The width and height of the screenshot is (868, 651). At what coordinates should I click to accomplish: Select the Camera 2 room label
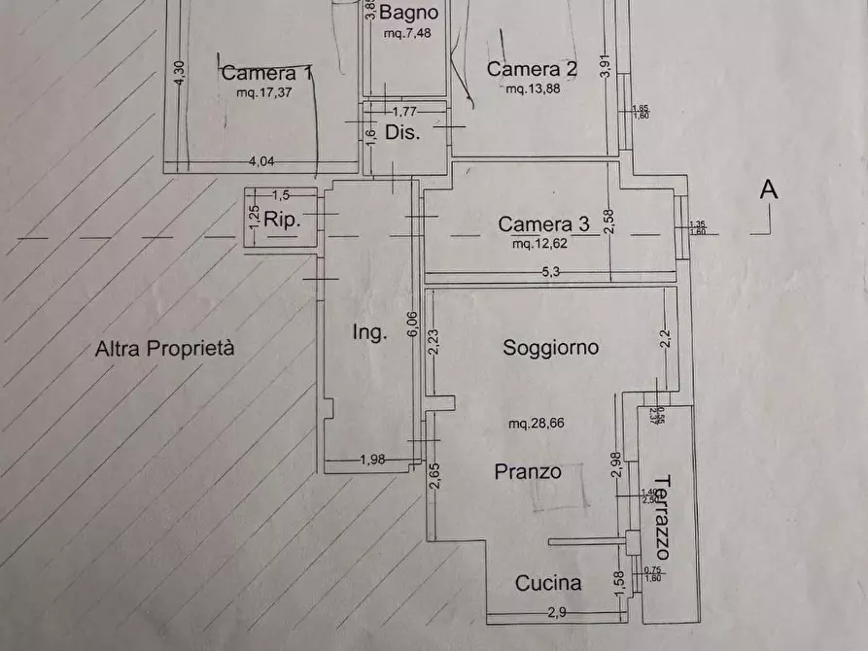tap(532, 69)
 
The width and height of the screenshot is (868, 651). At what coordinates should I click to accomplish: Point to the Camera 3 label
tap(543, 224)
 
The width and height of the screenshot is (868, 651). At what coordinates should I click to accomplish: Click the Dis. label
tap(402, 132)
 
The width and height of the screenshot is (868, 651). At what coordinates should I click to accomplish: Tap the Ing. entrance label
tap(369, 332)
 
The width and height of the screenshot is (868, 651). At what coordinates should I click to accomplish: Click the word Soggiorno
tap(550, 347)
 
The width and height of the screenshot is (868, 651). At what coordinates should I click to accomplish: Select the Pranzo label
tap(528, 471)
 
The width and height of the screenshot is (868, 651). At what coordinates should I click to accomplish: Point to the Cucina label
tap(548, 583)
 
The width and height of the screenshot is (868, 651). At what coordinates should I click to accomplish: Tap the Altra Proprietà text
tap(164, 350)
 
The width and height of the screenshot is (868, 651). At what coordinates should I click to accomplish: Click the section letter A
tap(768, 190)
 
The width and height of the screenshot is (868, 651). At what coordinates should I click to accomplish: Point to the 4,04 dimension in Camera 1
tap(259, 162)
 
